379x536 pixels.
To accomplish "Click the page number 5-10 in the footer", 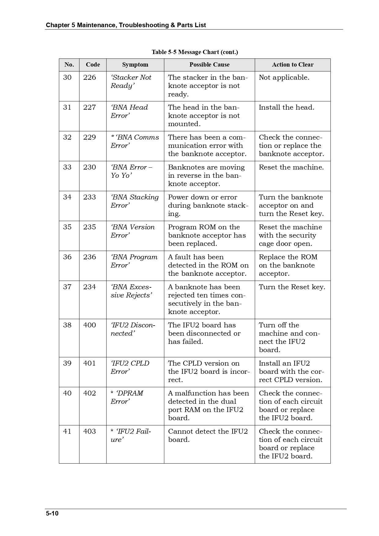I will pos(52,513).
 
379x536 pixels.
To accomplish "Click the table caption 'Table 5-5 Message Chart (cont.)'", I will pos(195,52).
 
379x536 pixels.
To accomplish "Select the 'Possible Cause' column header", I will pos(209,65).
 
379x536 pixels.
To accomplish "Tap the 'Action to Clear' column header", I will pos(293,65).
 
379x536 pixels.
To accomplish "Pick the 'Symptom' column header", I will pos(135,65).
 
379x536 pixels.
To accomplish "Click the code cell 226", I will pos(90,78).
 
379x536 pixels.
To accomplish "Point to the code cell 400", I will pos(90,325).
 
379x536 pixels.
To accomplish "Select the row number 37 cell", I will pos(67,287).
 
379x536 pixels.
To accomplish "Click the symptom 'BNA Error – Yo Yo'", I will pos(131,171).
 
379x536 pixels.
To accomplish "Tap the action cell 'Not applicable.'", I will pos(284,78).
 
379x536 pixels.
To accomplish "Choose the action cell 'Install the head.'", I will pos(286,108).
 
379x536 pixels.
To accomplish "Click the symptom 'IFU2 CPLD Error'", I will pos(130,367).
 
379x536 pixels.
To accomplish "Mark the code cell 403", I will pos(90,432).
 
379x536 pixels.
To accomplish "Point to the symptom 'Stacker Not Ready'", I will pos(131,82).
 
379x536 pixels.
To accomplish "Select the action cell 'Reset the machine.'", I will pos(291,167).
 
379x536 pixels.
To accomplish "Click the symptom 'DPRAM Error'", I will pos(127,397).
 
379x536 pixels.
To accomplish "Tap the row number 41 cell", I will pos(67,432).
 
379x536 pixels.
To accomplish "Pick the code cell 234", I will pos(90,287).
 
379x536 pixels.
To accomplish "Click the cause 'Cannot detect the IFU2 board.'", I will pos(208,436).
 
